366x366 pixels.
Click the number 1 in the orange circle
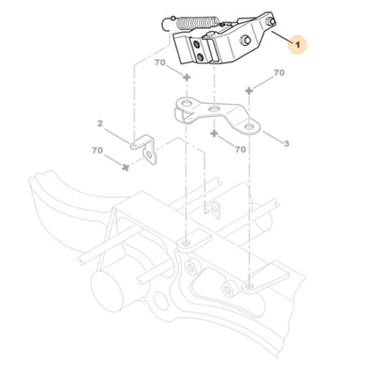pyautogui.click(x=298, y=41)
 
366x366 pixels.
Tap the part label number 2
pyautogui.click(x=101, y=124)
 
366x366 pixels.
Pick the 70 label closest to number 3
pyautogui.click(x=239, y=150)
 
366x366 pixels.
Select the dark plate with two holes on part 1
pyautogui.click(x=203, y=53)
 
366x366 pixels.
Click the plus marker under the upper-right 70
pyautogui.click(x=251, y=90)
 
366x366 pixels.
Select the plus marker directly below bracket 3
pyautogui.click(x=215, y=134)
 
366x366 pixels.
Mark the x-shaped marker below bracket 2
pyautogui.click(x=127, y=165)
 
